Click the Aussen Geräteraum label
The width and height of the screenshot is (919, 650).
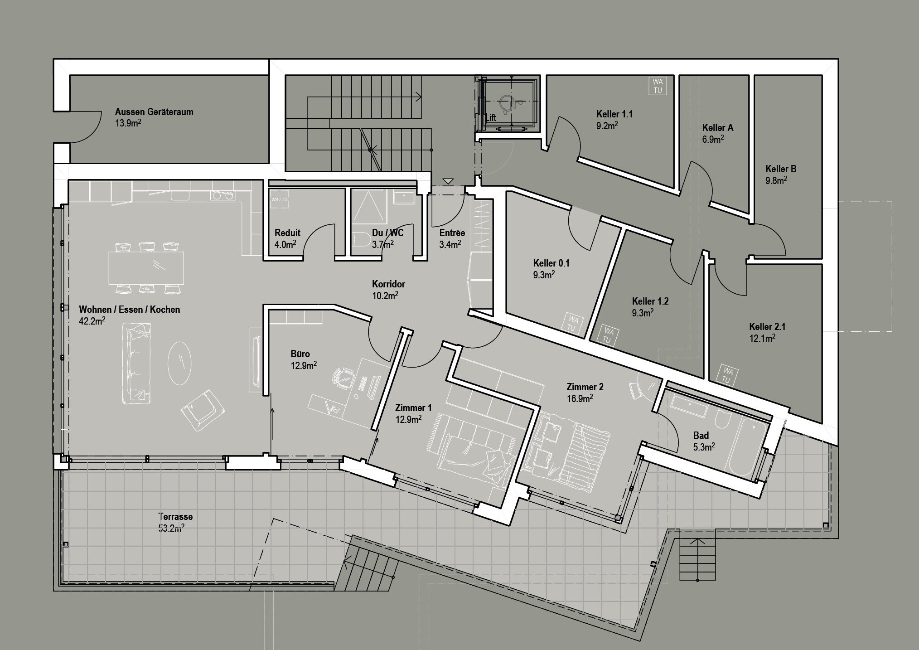click(154, 112)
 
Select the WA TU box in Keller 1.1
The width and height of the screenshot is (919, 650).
click(658, 86)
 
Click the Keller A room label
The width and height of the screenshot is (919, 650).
click(717, 128)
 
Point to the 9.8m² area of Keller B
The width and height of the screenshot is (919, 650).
click(776, 180)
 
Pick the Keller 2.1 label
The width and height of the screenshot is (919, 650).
click(767, 326)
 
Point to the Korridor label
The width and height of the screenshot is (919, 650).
click(388, 284)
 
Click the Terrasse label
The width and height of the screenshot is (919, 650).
click(175, 516)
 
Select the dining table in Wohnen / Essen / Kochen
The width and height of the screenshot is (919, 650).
click(146, 267)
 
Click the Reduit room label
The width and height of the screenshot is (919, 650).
click(287, 233)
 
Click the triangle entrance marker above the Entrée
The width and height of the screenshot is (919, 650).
click(448, 182)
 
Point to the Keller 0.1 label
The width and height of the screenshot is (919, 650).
click(551, 263)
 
